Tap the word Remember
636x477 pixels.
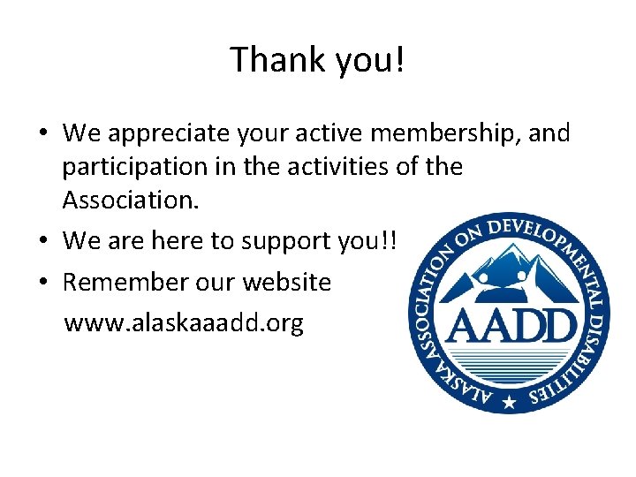pos(125,283)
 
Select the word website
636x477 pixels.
pos(285,283)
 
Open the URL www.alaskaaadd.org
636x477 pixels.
pos(184,323)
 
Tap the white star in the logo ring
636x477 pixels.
pos(508,403)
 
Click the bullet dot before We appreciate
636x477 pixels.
pos(42,134)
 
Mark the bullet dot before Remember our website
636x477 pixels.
pos(42,283)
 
